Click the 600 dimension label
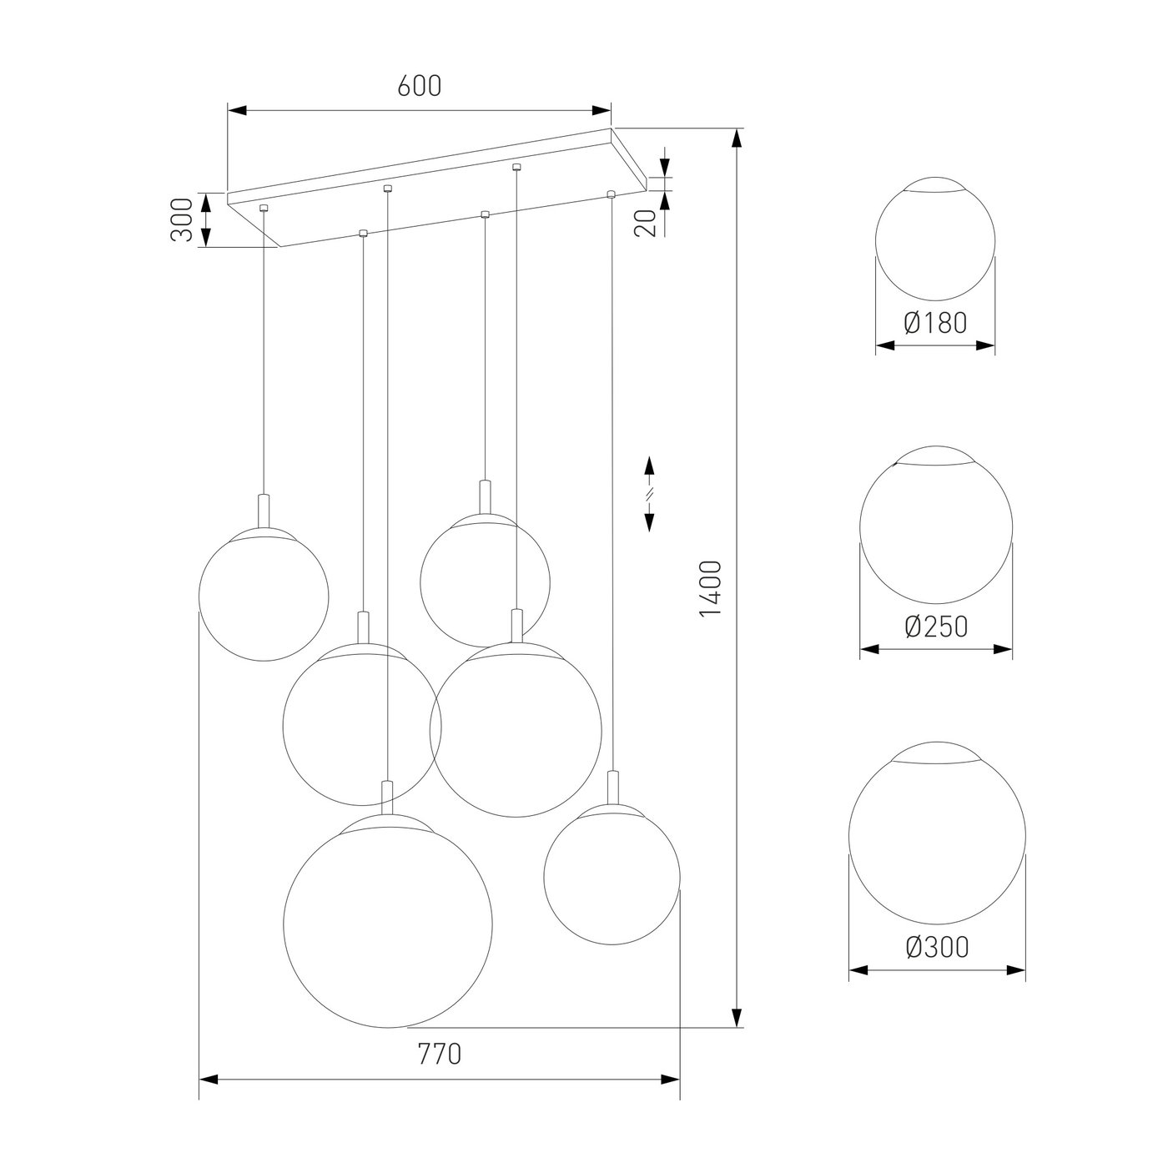click(x=420, y=87)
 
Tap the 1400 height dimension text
click(x=711, y=588)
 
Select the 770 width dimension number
click(x=440, y=1055)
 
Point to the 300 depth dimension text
click(x=181, y=219)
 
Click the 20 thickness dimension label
click(x=647, y=223)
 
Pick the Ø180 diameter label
click(x=935, y=323)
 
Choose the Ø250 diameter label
click(x=936, y=627)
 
